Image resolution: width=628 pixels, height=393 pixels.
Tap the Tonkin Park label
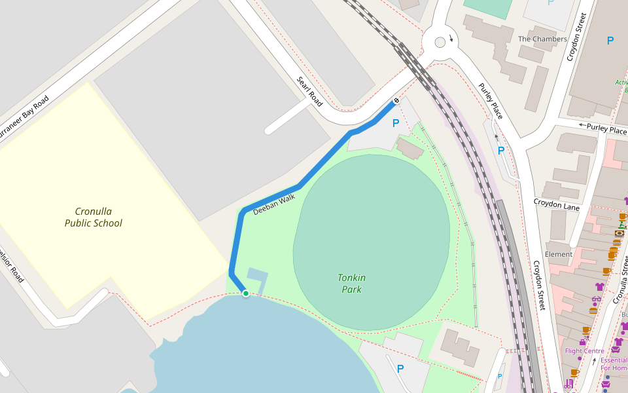[351, 284]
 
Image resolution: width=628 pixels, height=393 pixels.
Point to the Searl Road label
[310, 92]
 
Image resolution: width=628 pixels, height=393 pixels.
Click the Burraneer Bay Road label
[23, 118]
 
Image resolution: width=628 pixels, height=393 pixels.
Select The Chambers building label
[542, 39]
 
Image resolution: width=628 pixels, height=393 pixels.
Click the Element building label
[558, 254]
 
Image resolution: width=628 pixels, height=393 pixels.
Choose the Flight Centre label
[584, 351]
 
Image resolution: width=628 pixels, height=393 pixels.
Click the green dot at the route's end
[246, 293]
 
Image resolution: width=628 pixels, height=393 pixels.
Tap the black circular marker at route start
[396, 100]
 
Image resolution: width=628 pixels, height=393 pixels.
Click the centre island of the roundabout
[440, 42]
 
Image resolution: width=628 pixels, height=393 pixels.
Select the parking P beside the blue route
[395, 123]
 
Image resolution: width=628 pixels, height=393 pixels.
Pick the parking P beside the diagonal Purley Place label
[501, 151]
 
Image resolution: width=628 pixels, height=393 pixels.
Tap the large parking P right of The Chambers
[610, 41]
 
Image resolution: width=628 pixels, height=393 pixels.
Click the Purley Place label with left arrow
[602, 130]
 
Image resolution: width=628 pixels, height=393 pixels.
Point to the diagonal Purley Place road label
[491, 101]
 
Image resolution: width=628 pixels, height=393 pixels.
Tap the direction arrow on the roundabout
[451, 37]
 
